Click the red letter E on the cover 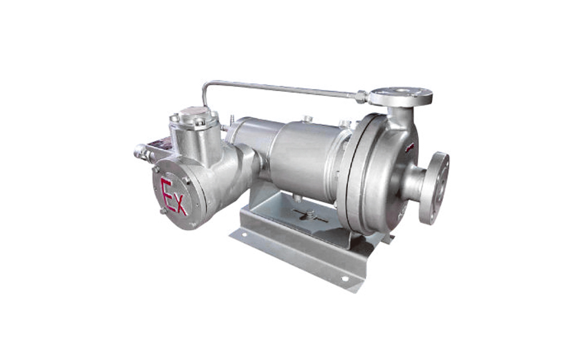pyautogui.click(x=166, y=193)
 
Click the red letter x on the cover pyautogui.click(x=181, y=205)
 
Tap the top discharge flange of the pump pyautogui.click(x=401, y=95)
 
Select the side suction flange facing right pyautogui.click(x=434, y=188)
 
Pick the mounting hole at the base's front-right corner pyautogui.click(x=345, y=278)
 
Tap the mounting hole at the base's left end pyautogui.click(x=244, y=235)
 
